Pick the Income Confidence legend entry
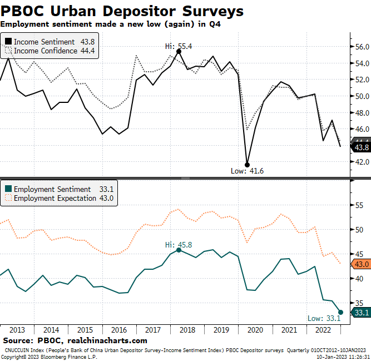point(48,51)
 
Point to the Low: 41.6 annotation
point(247,171)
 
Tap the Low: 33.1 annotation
point(323,318)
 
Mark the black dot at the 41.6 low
point(247,164)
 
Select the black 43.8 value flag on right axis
point(361,147)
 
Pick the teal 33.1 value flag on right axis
point(361,313)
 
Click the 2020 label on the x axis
point(255,329)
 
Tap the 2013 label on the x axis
point(17,329)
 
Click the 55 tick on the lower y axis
point(359,205)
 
